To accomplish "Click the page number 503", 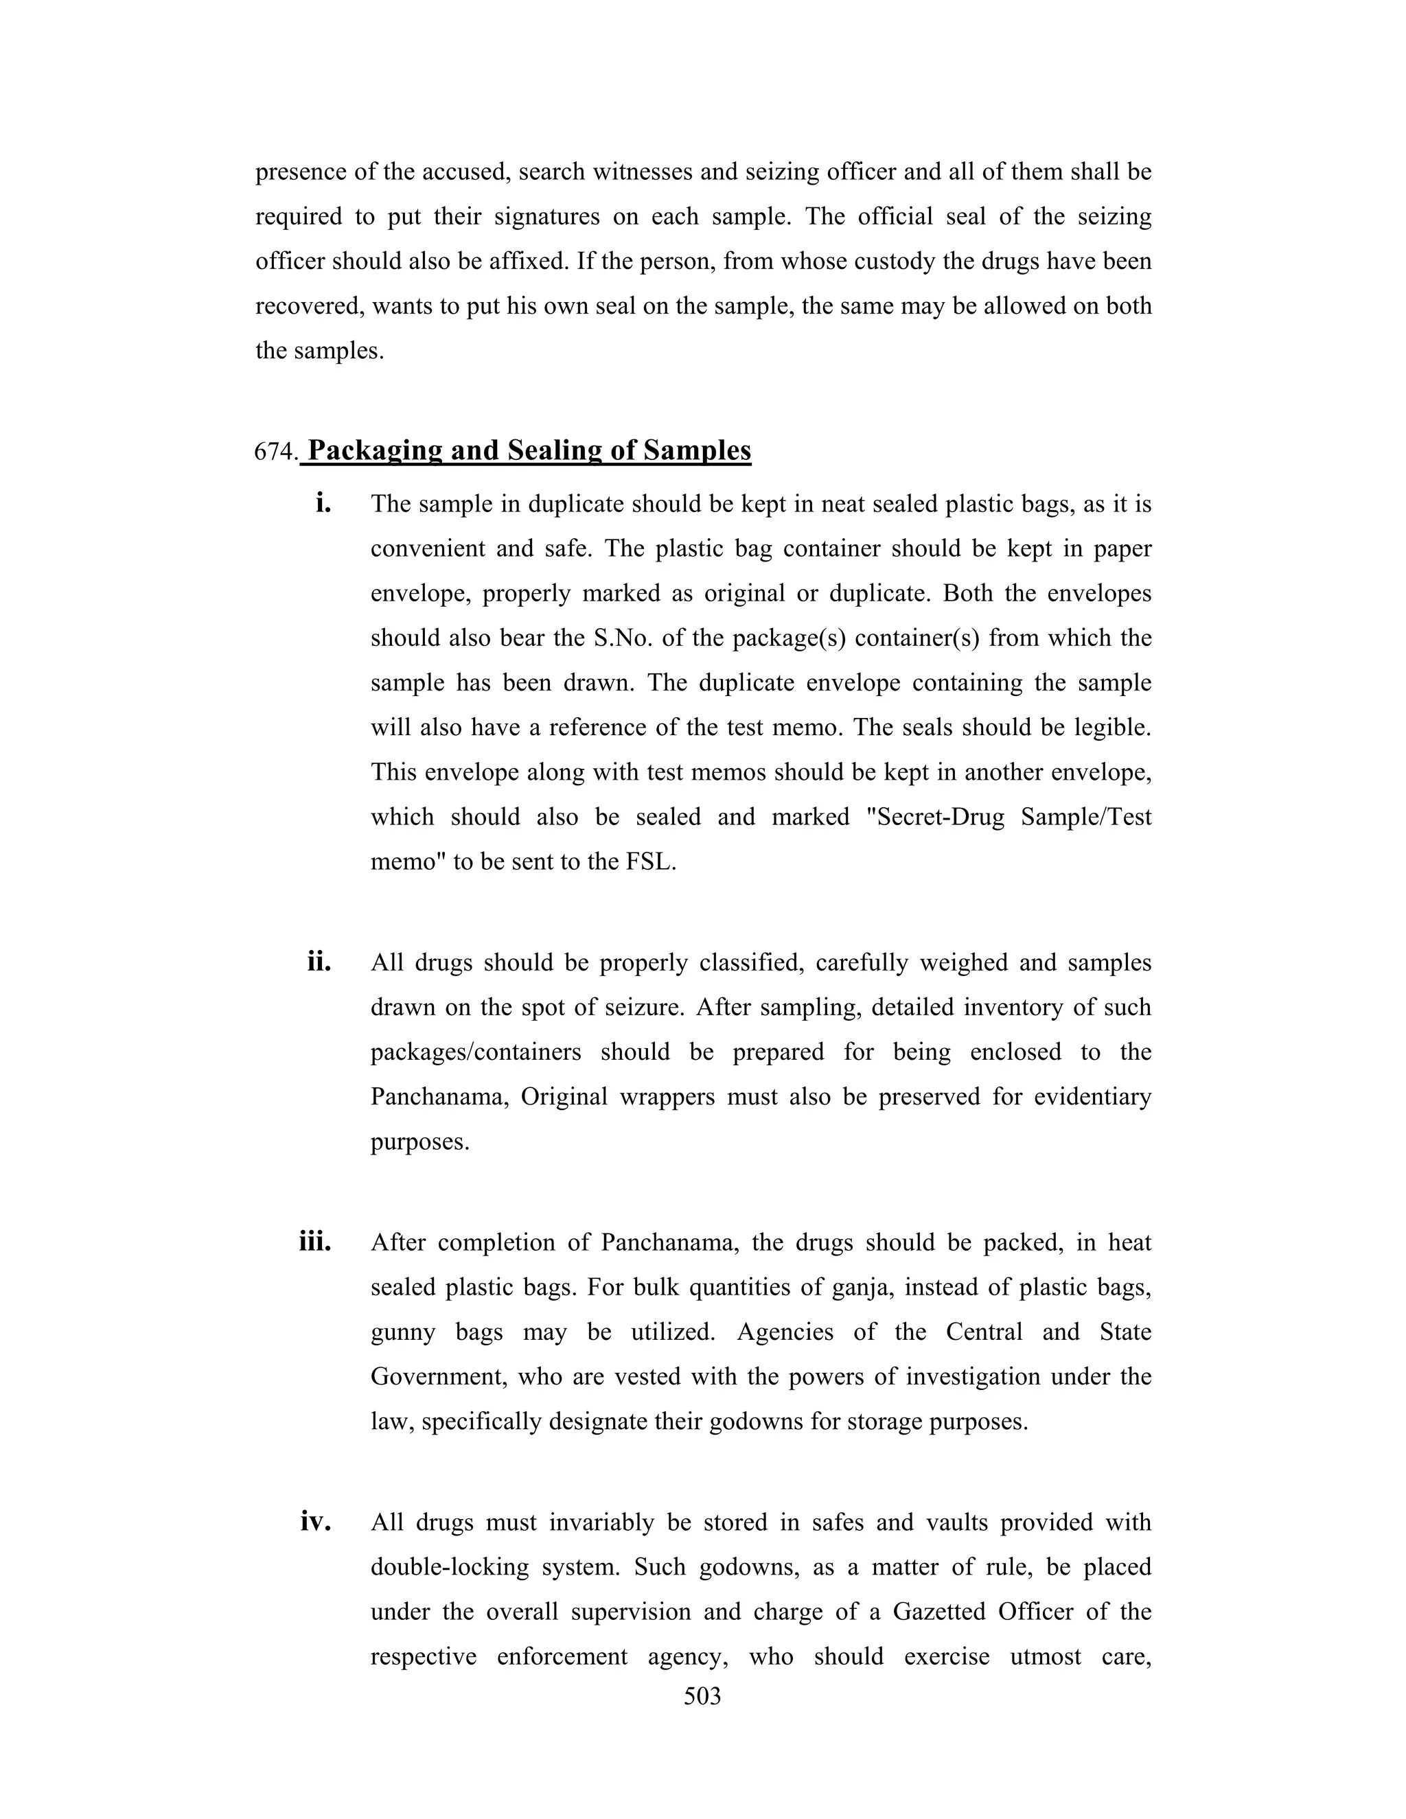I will (702, 1695).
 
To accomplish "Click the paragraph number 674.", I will (275, 452).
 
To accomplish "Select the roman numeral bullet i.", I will (323, 503).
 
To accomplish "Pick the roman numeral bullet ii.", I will (319, 962).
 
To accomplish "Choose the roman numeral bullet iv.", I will (316, 1522).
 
